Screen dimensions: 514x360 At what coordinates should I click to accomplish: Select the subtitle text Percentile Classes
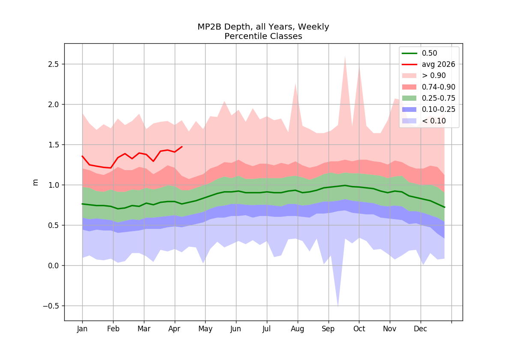[x=263, y=36]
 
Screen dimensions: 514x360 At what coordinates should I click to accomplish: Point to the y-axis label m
[x=35, y=182]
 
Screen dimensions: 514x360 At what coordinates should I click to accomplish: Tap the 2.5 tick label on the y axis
[x=53, y=65]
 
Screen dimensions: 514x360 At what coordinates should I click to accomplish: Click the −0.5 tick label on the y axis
[x=51, y=306]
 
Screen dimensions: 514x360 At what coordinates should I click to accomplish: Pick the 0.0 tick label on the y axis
[x=53, y=266]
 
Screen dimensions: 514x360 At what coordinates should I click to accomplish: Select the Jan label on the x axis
[x=82, y=329]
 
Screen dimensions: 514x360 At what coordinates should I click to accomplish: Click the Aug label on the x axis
[x=298, y=329]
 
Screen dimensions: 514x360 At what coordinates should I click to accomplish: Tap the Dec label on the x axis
[x=420, y=329]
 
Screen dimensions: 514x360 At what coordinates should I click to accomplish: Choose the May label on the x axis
[x=205, y=329]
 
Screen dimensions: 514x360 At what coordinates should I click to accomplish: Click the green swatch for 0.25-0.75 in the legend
[x=409, y=98]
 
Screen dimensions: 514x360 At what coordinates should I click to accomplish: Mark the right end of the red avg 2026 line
[x=182, y=147]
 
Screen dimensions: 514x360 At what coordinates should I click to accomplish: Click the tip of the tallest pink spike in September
[x=345, y=56]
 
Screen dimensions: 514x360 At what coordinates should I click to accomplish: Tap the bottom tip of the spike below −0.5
[x=338, y=307]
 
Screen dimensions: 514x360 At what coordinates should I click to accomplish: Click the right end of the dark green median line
[x=445, y=207]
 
